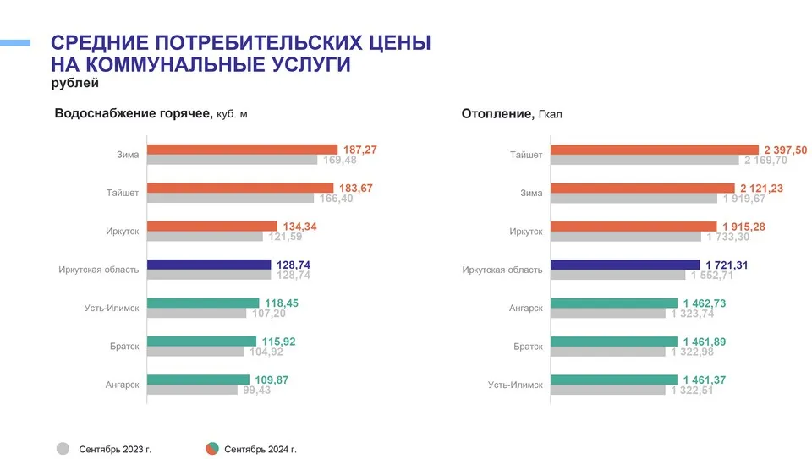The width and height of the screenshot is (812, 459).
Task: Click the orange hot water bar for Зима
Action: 242,150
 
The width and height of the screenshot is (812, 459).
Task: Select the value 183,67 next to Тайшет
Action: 355,188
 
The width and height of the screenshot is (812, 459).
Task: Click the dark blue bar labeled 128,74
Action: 209,265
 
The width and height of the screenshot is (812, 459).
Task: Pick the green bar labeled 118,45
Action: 203,303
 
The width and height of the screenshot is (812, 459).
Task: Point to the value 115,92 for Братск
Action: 278,342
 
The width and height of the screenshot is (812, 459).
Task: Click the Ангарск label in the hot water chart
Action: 123,384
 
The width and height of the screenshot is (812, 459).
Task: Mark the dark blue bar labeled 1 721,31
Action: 625,265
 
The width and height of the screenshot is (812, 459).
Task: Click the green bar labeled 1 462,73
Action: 614,303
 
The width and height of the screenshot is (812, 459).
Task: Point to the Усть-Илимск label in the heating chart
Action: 515,384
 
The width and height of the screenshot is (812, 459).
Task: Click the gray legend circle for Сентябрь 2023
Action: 63,449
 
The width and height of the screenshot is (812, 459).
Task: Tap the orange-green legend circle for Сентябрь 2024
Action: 212,449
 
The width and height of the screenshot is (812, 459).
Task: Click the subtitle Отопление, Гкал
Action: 511,113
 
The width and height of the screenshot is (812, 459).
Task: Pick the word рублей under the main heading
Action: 74,83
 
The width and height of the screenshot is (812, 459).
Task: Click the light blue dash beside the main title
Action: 15,42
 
